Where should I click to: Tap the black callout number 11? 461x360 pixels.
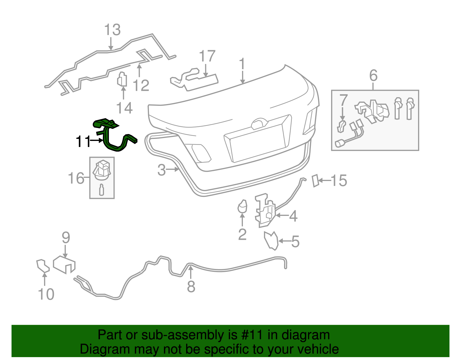83,142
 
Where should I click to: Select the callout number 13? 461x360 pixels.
112,30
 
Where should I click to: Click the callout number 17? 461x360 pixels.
207,56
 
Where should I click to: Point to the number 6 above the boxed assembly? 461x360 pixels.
373,76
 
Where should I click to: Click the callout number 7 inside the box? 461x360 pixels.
343,100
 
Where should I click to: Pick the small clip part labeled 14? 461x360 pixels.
122,79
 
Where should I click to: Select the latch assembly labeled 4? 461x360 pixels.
264,210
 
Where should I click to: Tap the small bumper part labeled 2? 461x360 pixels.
242,206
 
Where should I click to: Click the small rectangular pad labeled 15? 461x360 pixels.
315,180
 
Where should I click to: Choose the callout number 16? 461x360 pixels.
76,178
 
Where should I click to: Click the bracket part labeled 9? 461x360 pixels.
64,264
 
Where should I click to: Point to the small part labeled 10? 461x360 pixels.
42,266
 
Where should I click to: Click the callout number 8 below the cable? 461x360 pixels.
191,287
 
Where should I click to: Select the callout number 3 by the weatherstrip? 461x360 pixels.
162,170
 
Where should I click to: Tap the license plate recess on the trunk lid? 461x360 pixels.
256,141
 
